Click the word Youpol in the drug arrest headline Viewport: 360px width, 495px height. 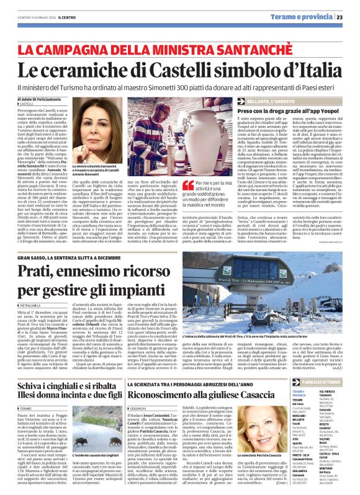tap(321, 110)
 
